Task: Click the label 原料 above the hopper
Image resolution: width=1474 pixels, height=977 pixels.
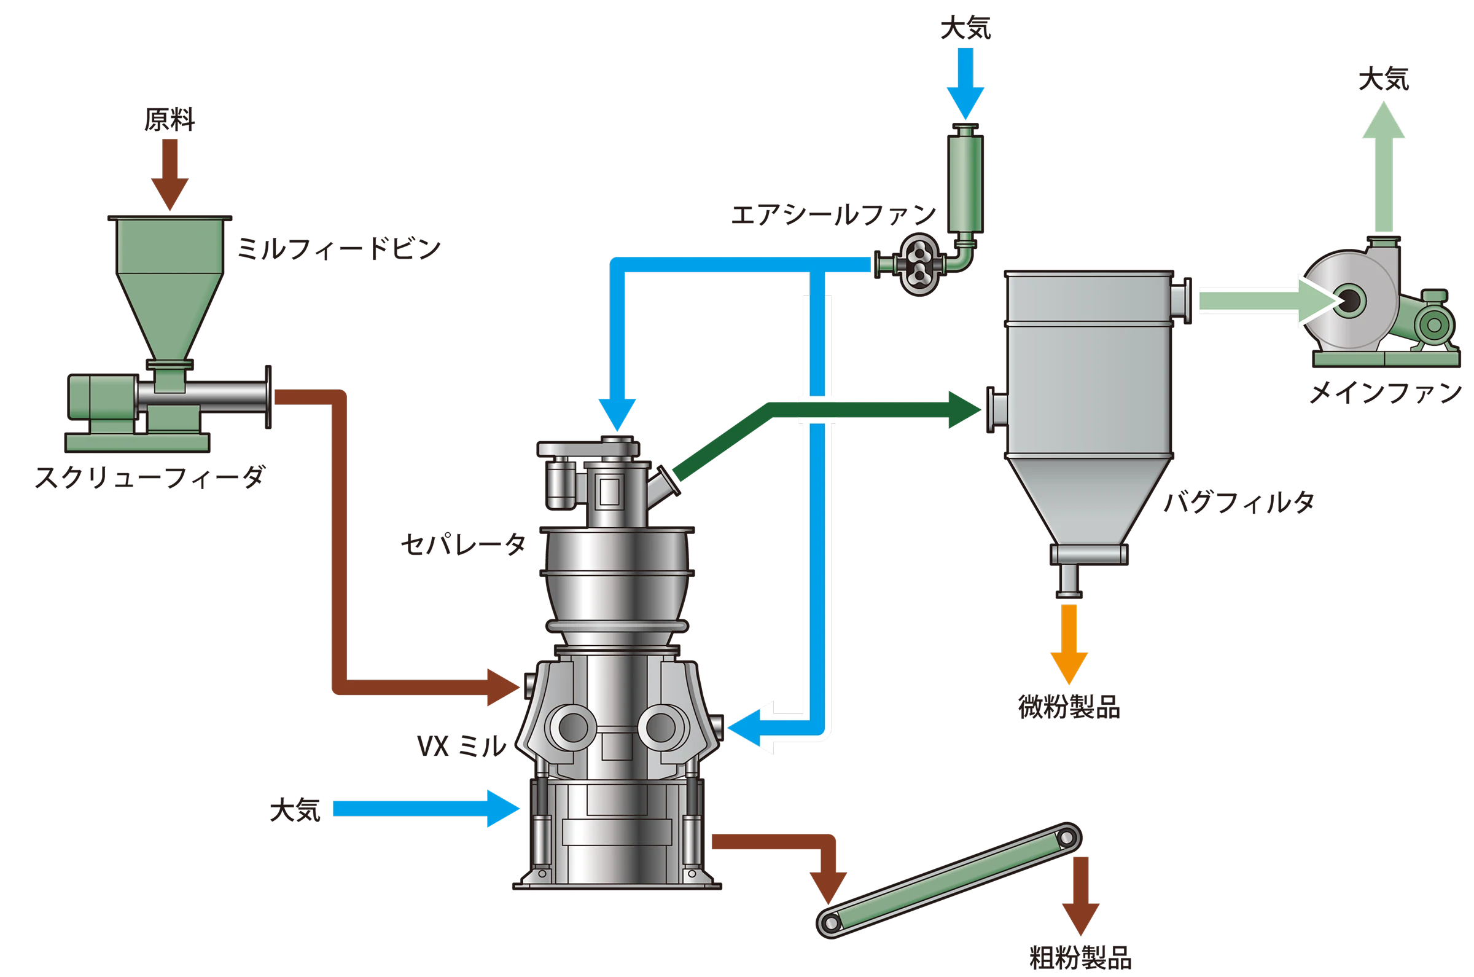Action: pyautogui.click(x=170, y=119)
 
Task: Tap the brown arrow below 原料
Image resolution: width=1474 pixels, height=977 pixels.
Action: pyautogui.click(x=170, y=175)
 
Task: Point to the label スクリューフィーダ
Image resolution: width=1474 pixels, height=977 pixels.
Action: pyautogui.click(x=150, y=479)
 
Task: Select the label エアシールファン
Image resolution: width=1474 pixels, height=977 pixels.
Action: pyautogui.click(x=834, y=215)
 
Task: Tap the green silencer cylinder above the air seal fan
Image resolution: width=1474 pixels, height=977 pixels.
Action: pyautogui.click(x=964, y=178)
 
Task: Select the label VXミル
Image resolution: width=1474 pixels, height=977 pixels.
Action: pyautogui.click(x=461, y=746)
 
